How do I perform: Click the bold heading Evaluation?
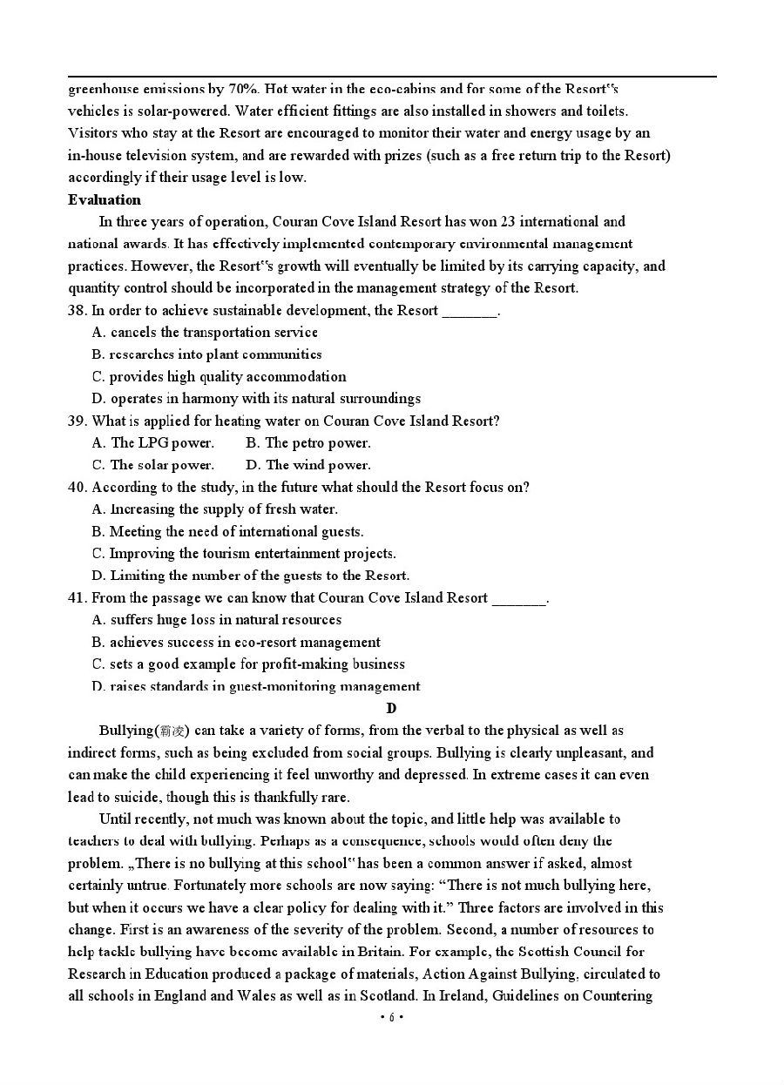(104, 199)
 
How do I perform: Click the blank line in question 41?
(519, 599)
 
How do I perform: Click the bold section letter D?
(391, 709)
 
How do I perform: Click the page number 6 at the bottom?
(392, 1017)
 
